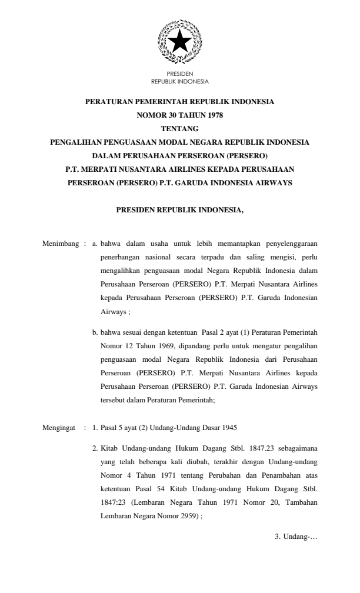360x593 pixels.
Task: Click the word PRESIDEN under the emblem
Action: tap(179, 75)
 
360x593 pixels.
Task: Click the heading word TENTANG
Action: tap(179, 128)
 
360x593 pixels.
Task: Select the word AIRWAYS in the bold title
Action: tap(272, 182)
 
